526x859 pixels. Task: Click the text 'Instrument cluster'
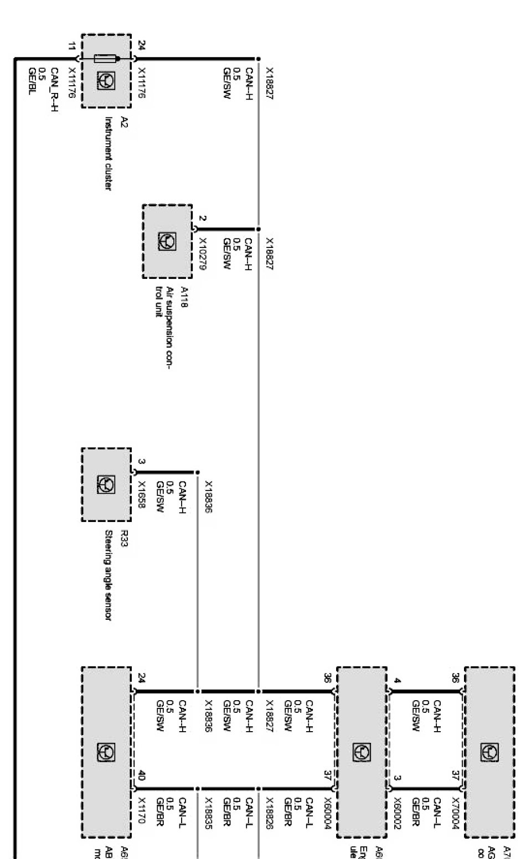(x=109, y=153)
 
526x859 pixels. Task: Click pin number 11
(x=70, y=48)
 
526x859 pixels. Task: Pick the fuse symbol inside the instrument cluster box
(x=105, y=58)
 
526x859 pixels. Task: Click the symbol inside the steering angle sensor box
(x=106, y=485)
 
